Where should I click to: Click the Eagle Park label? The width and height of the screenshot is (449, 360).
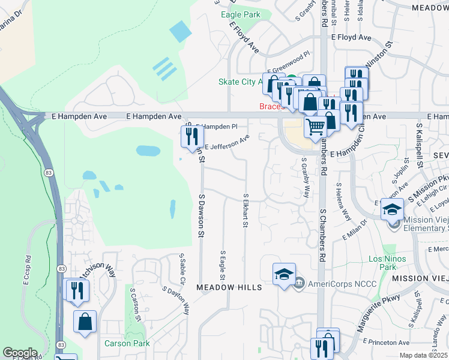[240, 14]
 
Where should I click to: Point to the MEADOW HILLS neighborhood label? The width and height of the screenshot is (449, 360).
[230, 287]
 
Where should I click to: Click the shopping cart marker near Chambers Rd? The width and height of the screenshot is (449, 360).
[315, 127]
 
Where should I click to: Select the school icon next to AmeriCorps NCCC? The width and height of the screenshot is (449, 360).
[284, 274]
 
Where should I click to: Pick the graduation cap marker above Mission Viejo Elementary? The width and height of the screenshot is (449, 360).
[392, 209]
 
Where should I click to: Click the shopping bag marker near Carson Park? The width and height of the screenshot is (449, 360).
[85, 321]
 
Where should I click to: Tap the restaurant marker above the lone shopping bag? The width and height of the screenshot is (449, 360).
[76, 291]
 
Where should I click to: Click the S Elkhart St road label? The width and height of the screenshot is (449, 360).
[245, 211]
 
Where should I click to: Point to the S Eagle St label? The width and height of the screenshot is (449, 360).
[222, 265]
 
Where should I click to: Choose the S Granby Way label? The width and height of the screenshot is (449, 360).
[306, 178]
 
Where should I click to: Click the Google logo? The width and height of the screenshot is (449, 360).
[20, 353]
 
